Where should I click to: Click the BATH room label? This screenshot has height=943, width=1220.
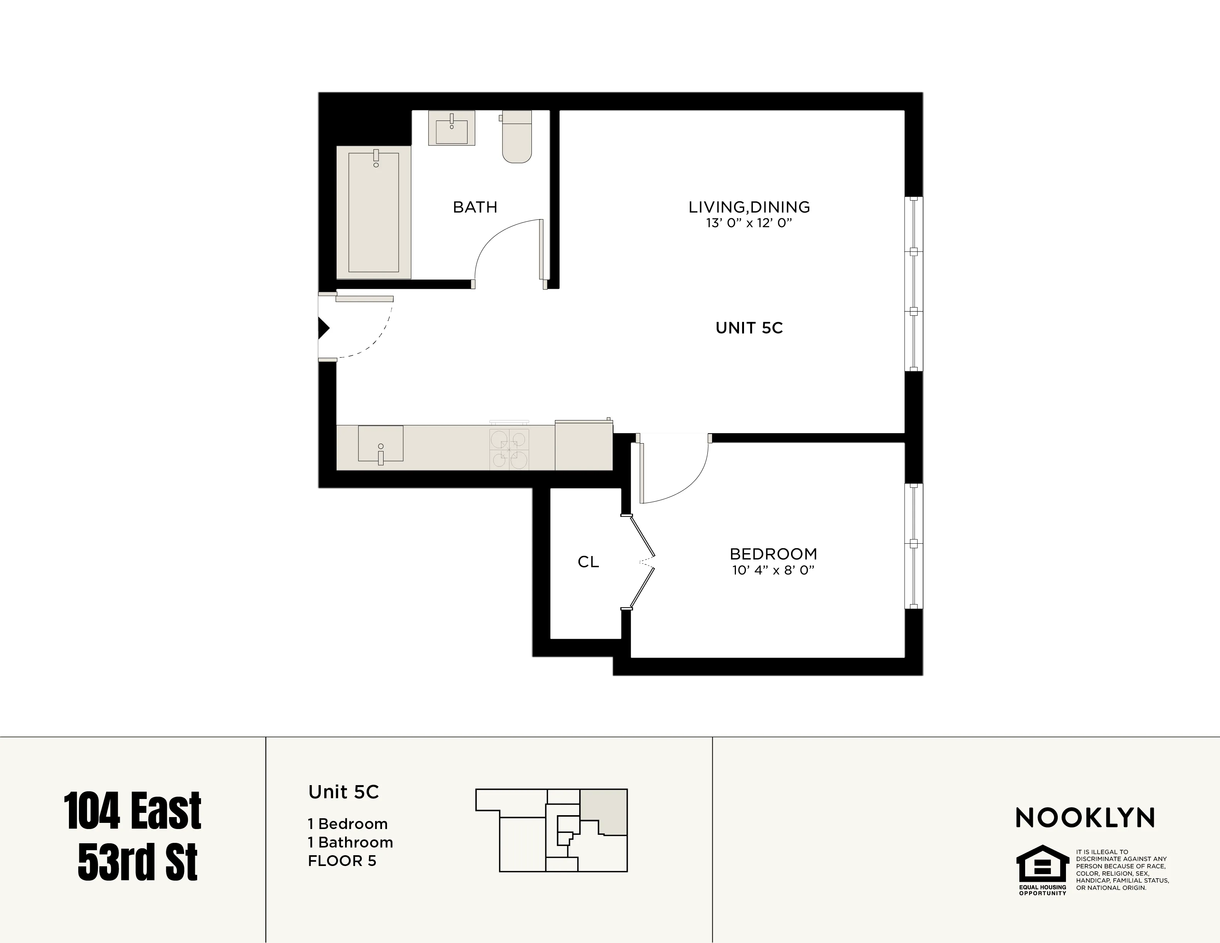coord(475,207)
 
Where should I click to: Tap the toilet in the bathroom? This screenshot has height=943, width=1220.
coord(517,137)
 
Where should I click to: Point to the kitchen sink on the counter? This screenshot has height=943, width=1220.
coord(380,444)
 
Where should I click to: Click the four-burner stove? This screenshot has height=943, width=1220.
coord(509,449)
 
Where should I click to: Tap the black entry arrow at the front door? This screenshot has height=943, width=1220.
coord(323,328)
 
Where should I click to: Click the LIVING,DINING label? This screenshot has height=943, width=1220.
coord(749,207)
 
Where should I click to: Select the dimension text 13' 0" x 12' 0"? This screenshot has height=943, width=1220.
coord(749,223)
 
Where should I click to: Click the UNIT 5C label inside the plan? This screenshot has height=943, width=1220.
coord(749,328)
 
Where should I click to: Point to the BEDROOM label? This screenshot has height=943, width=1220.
coord(773,554)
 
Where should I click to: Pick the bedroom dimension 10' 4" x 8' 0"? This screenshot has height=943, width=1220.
coord(773,570)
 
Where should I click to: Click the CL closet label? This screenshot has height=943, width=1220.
coord(588,562)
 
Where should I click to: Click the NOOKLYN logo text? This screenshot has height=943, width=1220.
coord(1085,818)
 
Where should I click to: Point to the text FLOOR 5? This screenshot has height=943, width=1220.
coord(342,861)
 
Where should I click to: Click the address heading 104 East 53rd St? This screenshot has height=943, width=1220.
coord(133,836)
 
